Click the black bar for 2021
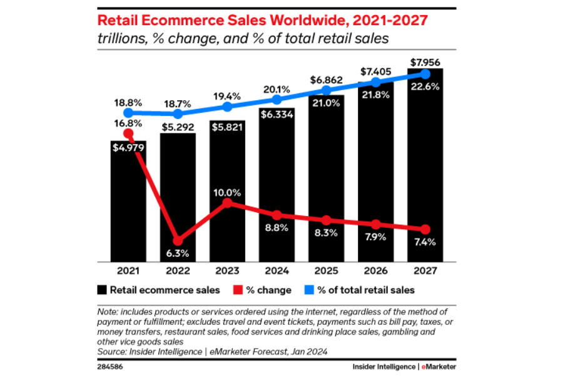(128, 207)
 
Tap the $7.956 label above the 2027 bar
(425, 62)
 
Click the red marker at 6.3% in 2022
(178, 240)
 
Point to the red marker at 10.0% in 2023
(227, 203)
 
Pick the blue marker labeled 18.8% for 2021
(128, 113)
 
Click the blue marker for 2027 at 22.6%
(425, 74)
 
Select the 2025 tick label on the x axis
(326, 270)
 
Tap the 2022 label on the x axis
(178, 270)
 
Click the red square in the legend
(237, 290)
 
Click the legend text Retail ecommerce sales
(165, 290)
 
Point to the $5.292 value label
(178, 127)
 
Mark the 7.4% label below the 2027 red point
(425, 242)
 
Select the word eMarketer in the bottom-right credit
(438, 366)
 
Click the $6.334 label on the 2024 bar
(277, 114)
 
